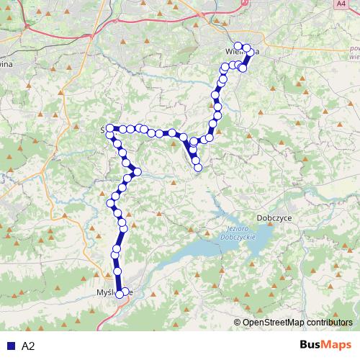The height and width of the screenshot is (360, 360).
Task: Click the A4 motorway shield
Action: (341, 4)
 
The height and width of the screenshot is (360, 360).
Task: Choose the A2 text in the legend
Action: (29, 346)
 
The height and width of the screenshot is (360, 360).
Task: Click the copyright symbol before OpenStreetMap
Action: (238, 323)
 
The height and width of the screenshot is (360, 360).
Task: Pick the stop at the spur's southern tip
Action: (198, 168)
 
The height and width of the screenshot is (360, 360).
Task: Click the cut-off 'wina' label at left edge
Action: (7, 64)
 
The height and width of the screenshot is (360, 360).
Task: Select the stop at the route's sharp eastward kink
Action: (137, 173)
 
